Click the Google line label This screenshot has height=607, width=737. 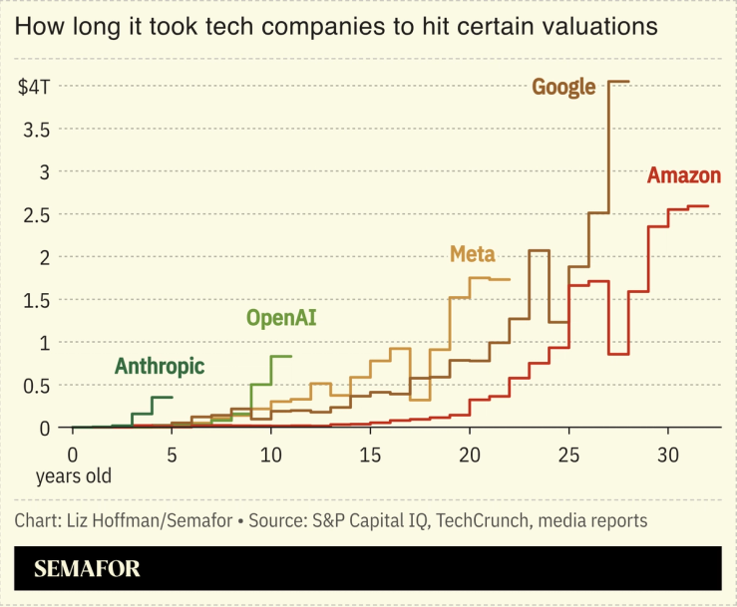563,87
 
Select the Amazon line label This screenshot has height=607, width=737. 683,176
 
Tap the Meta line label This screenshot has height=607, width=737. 473,253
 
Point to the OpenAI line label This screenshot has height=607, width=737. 287,319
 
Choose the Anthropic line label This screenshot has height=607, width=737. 160,366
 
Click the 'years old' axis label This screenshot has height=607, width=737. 73,476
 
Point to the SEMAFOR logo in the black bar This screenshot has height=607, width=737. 87,569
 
